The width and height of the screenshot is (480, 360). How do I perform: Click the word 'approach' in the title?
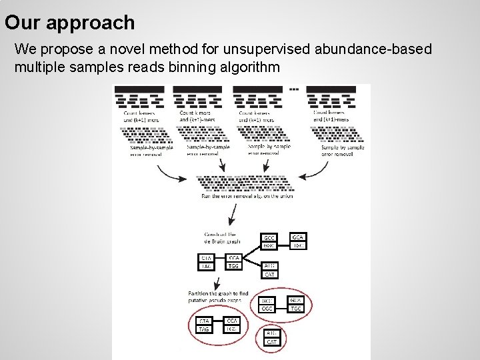94,23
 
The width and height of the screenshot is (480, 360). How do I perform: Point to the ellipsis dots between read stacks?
294,89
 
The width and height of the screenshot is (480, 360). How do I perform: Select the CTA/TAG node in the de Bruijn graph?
207,262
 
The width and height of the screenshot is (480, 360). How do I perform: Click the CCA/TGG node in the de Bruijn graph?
234,262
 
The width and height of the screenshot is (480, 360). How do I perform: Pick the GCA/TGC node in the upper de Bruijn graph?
299,241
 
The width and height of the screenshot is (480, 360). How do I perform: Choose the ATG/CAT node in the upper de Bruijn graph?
271,270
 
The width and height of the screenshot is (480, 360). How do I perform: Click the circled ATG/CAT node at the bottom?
271,337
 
